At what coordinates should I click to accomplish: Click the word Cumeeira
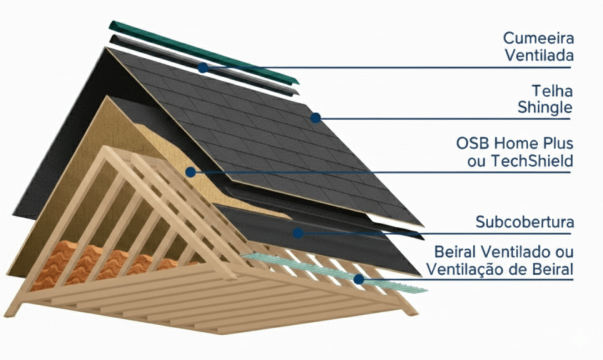point(538,38)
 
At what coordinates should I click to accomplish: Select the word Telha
point(552,91)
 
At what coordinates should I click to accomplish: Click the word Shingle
point(545,108)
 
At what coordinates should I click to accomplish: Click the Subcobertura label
point(524,223)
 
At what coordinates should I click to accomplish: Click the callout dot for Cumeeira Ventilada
point(203,68)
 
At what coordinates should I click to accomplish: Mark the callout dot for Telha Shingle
point(316,118)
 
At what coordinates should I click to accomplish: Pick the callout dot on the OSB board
point(190,172)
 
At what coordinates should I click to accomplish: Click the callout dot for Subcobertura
point(298,233)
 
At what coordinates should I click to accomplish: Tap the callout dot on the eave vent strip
point(359,279)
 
